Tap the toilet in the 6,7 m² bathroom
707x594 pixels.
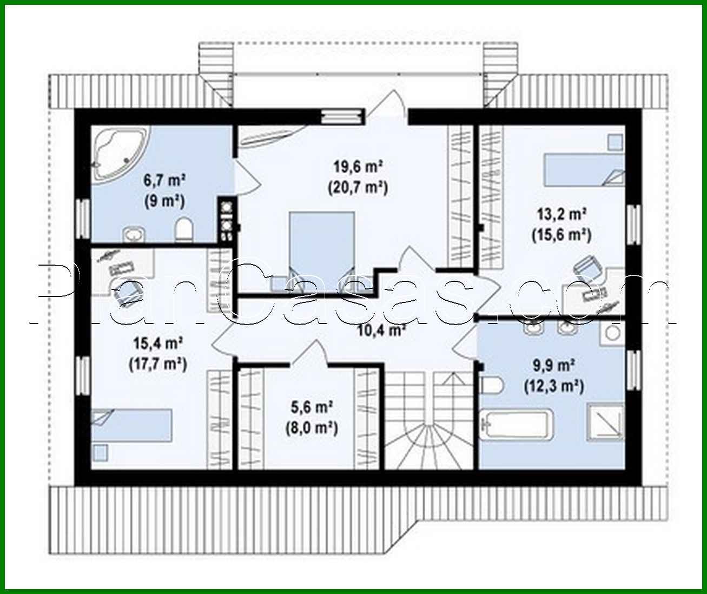tap(184, 229)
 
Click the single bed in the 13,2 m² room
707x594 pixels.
tap(582, 169)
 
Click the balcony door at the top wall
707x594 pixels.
tap(386, 106)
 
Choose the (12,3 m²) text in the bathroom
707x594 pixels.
tap(553, 386)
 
